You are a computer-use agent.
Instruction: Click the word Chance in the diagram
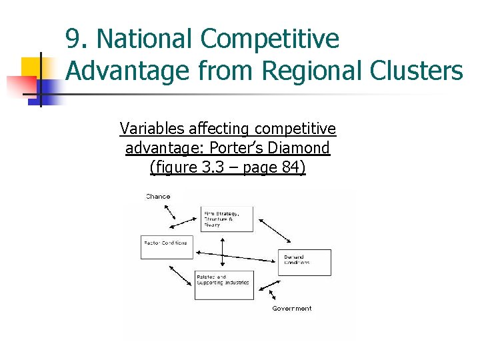tap(158, 197)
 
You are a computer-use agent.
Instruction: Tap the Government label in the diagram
tap(291, 309)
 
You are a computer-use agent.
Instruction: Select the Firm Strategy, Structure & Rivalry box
tap(227, 218)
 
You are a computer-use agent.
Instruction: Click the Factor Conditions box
tap(165, 246)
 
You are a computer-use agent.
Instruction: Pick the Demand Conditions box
tap(304, 262)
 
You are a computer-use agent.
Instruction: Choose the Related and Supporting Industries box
tap(224, 285)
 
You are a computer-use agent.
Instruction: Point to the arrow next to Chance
tap(168, 212)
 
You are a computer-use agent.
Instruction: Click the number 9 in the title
tap(74, 40)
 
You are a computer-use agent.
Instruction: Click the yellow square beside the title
tap(31, 67)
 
